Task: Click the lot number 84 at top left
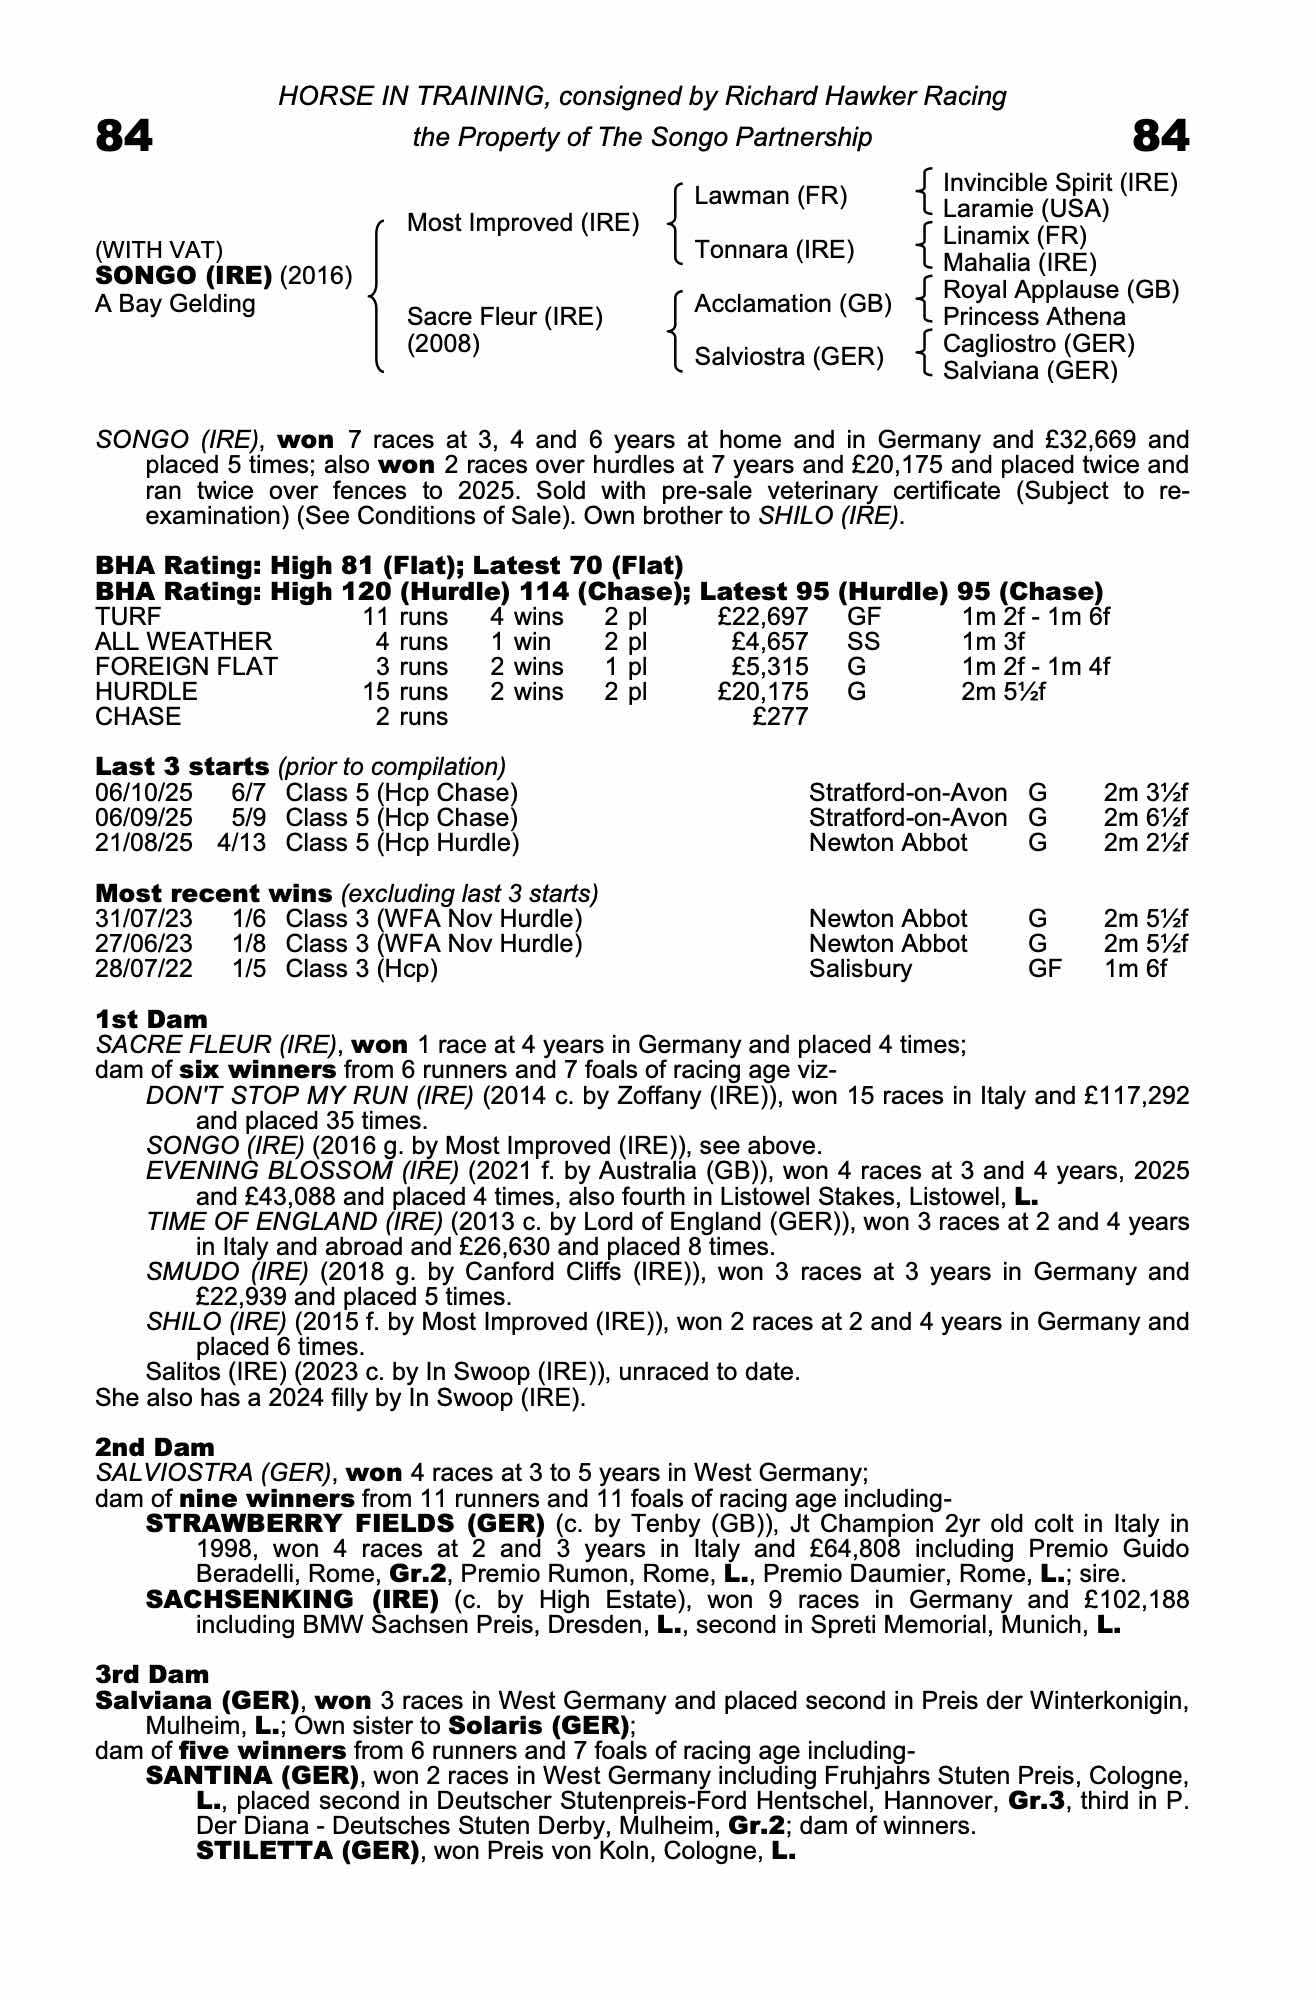(124, 136)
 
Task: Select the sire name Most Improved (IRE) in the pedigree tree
(522, 223)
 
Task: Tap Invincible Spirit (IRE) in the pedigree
(1060, 183)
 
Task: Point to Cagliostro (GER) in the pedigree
(1039, 344)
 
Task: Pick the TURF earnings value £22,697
(763, 617)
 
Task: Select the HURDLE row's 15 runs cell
(405, 692)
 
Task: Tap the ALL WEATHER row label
(183, 642)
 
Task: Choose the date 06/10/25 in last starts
(144, 793)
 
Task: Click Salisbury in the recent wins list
(860, 969)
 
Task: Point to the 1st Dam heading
(151, 1019)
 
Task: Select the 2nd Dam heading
(154, 1447)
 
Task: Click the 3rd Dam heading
(152, 1674)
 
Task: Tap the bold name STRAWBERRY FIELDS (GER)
(345, 1524)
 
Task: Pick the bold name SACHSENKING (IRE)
(292, 1599)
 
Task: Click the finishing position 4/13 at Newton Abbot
(242, 843)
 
